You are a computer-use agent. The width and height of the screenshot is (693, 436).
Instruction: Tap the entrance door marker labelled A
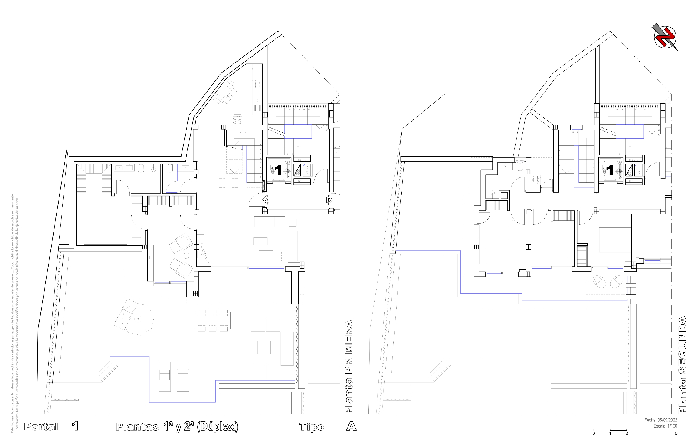coord(266,200)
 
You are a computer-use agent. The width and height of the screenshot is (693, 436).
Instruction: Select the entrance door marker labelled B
coord(330,200)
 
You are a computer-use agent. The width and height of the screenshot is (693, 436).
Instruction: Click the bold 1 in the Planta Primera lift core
coord(278,170)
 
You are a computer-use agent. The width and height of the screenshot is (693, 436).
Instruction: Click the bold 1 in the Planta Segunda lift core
coord(610,170)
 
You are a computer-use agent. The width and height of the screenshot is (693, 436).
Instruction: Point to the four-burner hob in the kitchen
coord(236,120)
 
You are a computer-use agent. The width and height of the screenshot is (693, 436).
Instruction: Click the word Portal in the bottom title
coord(41,426)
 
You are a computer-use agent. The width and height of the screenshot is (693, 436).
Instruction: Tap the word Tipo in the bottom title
coord(312,427)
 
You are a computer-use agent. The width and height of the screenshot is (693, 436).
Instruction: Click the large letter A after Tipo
coord(351,426)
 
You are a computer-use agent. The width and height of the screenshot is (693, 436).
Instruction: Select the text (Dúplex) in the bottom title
coord(217,426)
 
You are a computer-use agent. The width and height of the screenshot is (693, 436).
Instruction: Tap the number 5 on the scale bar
coord(676,434)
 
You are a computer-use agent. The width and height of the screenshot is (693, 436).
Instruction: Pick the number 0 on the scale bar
coord(594,434)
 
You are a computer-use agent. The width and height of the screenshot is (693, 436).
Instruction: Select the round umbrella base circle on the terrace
coord(137,319)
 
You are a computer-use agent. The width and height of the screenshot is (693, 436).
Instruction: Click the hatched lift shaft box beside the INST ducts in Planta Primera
coord(298,170)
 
